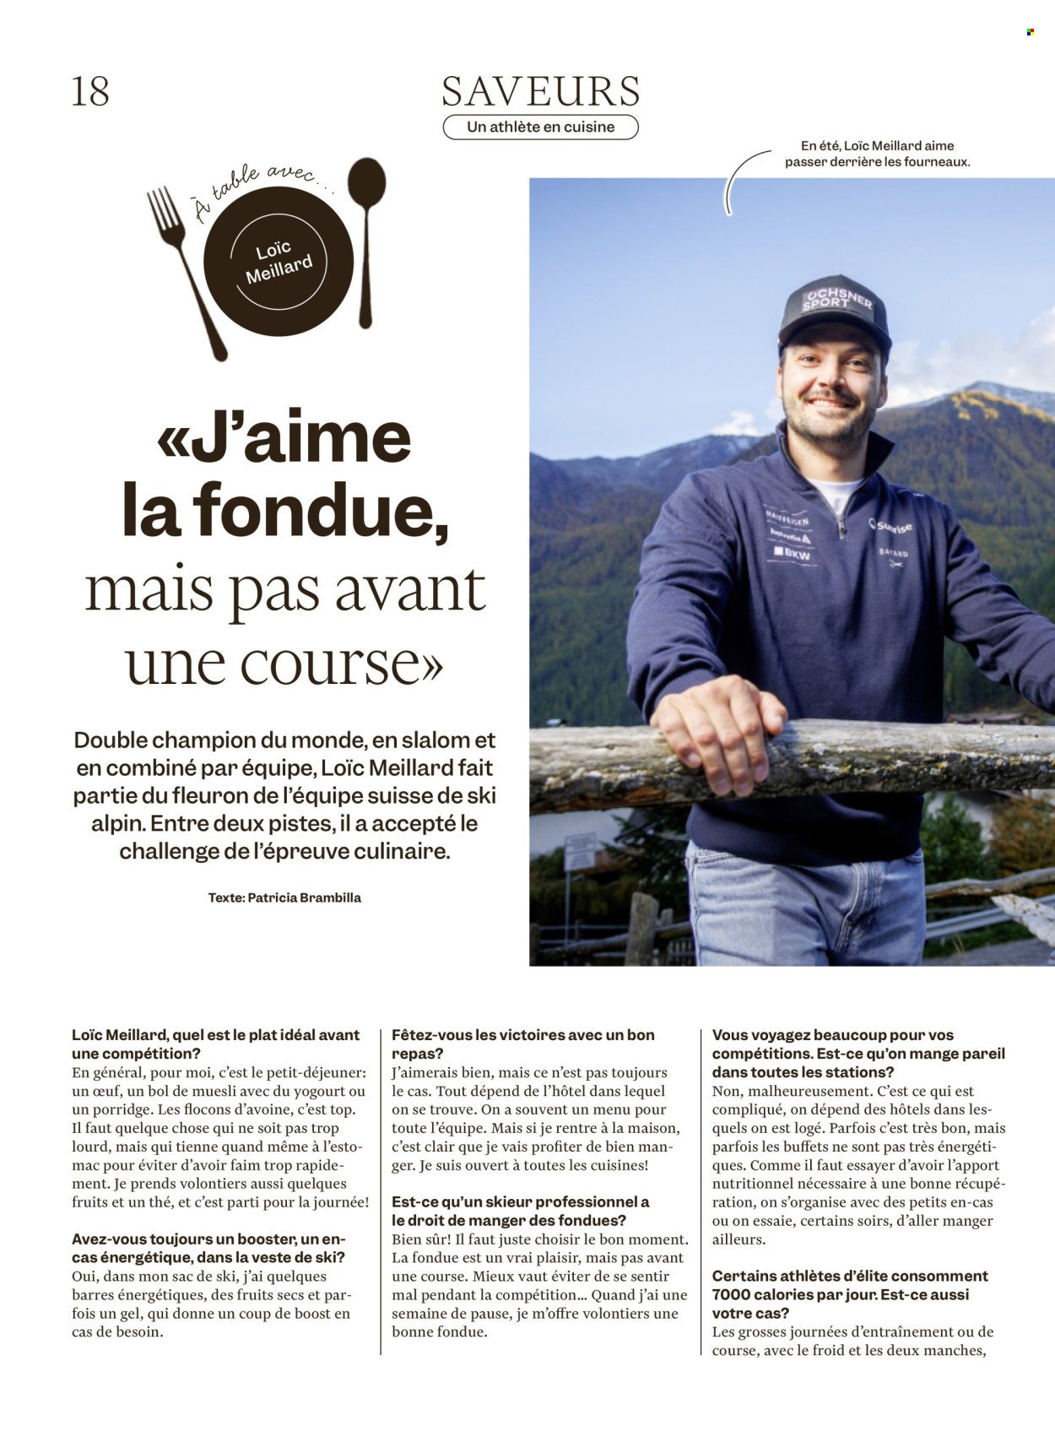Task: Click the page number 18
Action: [x=90, y=91]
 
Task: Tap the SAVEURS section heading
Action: [x=540, y=90]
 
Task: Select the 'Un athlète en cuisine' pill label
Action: [x=540, y=127]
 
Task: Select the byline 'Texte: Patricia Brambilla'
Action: [x=284, y=897]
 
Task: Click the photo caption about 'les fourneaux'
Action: [x=877, y=153]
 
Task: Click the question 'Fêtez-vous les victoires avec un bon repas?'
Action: [x=522, y=1044]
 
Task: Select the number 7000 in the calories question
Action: [x=737, y=1294]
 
